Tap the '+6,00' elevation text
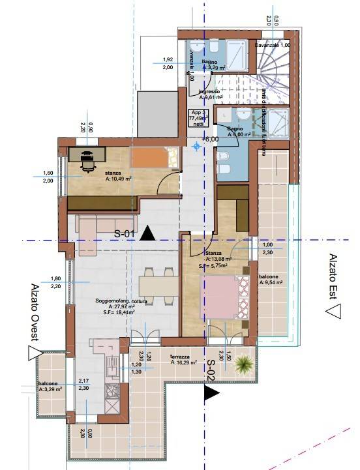[x=210, y=139]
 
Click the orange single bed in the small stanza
[x=153, y=158]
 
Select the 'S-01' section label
[x=126, y=234]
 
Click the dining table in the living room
[x=157, y=286]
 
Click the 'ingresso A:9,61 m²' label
[x=210, y=95]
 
